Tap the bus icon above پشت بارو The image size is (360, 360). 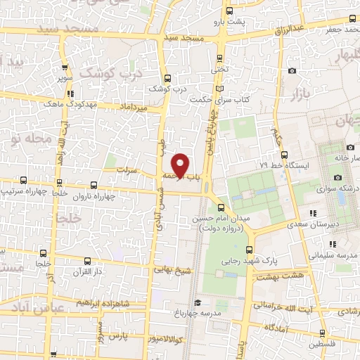click(230, 10)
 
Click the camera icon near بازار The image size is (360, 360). click(292, 70)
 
